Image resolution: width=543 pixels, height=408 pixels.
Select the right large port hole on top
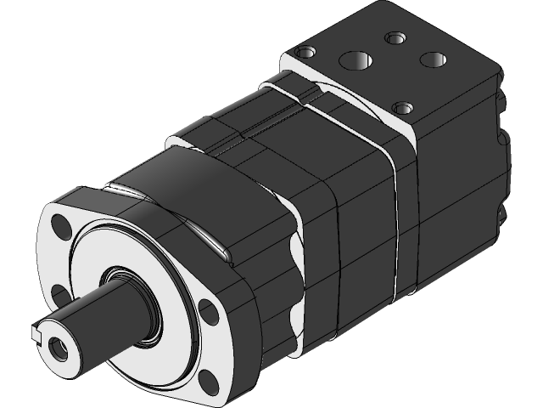click(434, 59)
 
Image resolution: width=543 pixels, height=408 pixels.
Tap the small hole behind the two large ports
click(395, 38)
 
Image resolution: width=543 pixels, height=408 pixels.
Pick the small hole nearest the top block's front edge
click(402, 108)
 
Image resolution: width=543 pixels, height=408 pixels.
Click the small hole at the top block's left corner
click(301, 54)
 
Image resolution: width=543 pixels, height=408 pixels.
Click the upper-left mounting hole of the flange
click(61, 228)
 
